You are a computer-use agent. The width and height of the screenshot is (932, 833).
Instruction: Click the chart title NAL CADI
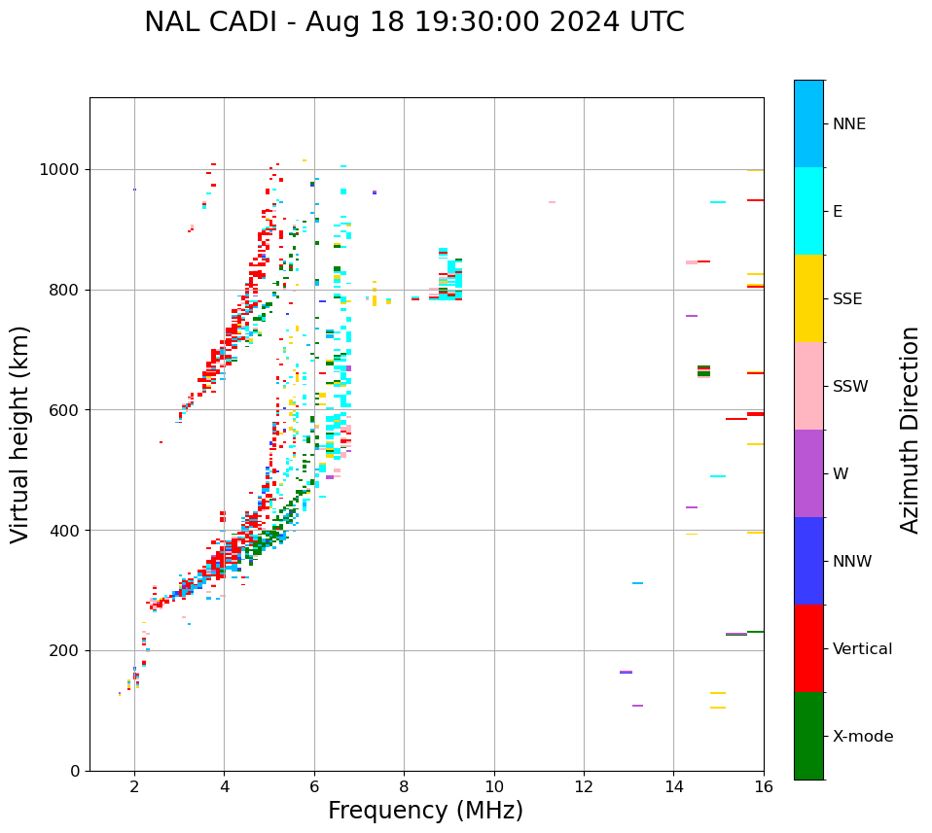[413, 22]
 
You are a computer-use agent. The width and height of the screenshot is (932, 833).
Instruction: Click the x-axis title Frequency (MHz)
[425, 811]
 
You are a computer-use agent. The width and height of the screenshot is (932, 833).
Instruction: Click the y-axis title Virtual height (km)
[20, 434]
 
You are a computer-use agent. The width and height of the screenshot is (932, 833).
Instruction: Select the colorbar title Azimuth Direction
[910, 430]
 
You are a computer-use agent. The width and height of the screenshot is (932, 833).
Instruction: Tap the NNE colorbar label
[848, 124]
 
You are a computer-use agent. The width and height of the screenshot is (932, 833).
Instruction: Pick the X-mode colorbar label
[862, 737]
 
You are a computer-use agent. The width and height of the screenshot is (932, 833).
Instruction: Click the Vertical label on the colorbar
[862, 649]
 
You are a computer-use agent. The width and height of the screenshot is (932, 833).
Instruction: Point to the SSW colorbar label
[850, 387]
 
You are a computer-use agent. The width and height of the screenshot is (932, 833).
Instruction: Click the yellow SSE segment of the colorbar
[808, 298]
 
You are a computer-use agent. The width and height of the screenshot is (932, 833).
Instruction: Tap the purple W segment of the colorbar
[808, 473]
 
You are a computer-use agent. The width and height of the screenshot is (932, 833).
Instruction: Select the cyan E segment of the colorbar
[808, 211]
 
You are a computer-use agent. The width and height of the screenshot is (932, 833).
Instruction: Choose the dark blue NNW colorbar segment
[808, 561]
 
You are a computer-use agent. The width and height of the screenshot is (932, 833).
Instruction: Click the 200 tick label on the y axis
[66, 650]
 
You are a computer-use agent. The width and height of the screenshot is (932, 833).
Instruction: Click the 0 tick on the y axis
[75, 771]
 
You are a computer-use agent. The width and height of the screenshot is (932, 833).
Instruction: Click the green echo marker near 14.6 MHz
[703, 370]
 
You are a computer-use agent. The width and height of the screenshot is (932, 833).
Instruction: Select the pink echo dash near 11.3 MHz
[552, 202]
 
